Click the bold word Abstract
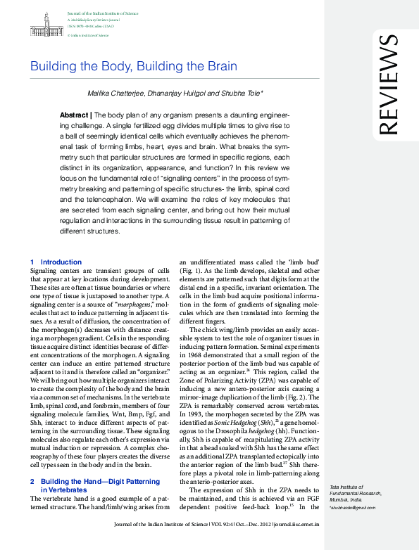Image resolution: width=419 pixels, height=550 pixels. pos(74,114)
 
